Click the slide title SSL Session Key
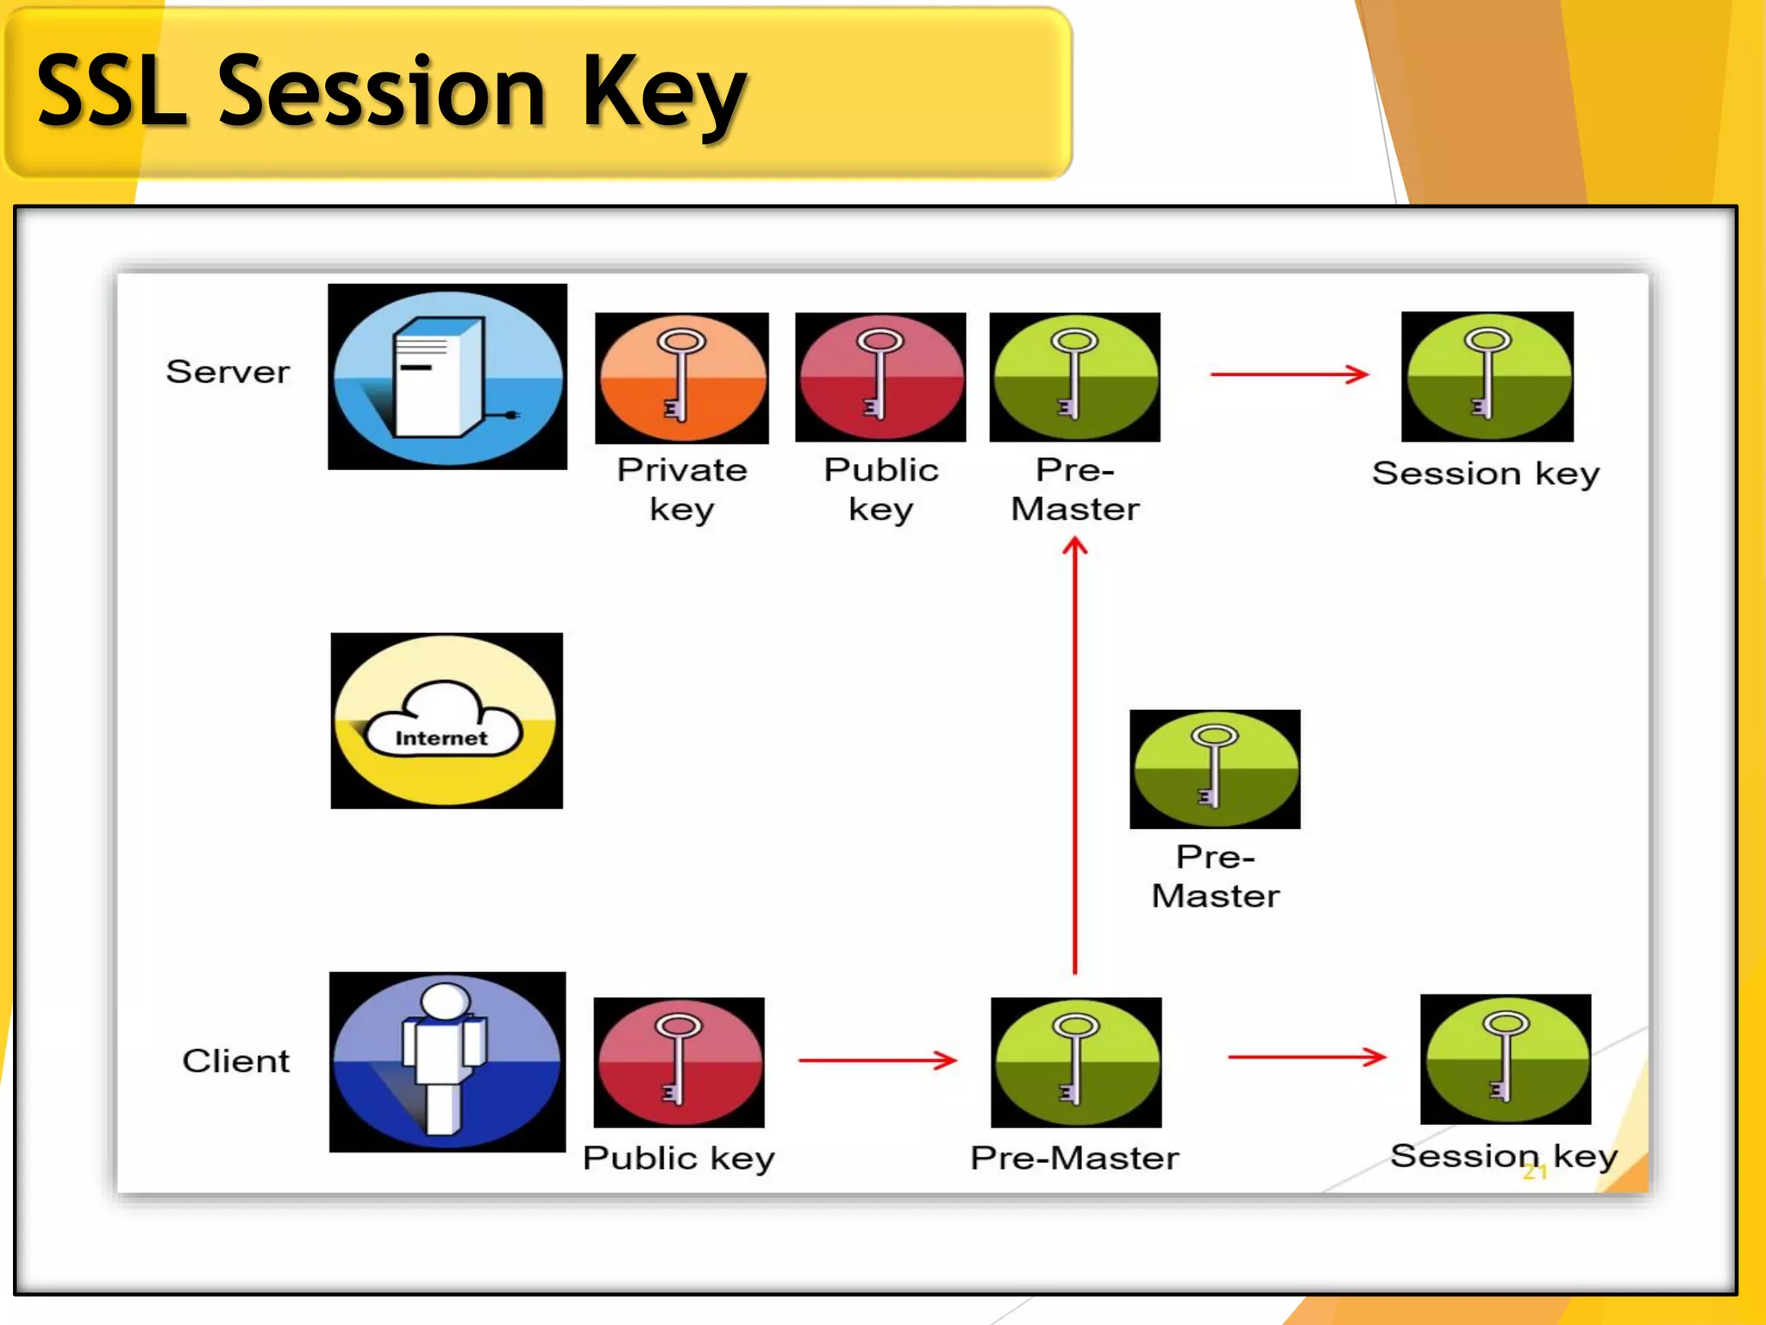(x=392, y=91)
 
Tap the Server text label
(x=228, y=372)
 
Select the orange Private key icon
(x=682, y=378)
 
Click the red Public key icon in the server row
(x=880, y=377)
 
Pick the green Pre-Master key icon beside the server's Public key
(x=1074, y=377)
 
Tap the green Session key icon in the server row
(x=1487, y=377)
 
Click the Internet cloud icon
(x=447, y=720)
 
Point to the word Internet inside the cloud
(x=441, y=738)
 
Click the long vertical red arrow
(x=1074, y=759)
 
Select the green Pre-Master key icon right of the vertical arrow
(x=1215, y=769)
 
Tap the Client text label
(x=235, y=1061)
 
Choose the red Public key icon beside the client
(x=679, y=1062)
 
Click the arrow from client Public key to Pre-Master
(x=877, y=1059)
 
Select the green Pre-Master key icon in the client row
(x=1076, y=1062)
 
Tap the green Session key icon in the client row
(x=1506, y=1058)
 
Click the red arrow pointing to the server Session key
(x=1289, y=374)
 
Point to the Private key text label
(x=681, y=489)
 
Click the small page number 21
(x=1535, y=1171)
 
